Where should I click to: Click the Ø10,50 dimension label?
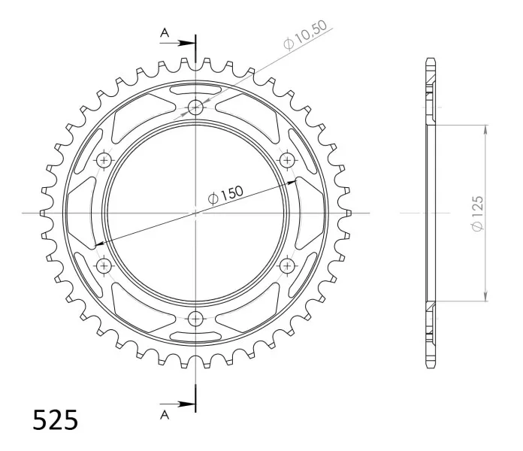click(x=305, y=35)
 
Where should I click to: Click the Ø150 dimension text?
click(x=225, y=195)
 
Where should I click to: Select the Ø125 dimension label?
click(x=477, y=213)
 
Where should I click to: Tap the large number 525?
click(x=56, y=419)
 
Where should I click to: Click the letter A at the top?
click(x=165, y=32)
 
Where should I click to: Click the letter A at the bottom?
click(x=165, y=415)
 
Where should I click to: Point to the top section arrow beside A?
click(x=177, y=43)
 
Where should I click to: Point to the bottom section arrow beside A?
click(x=177, y=404)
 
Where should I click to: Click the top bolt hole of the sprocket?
click(x=195, y=107)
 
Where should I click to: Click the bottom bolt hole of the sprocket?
click(x=195, y=319)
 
